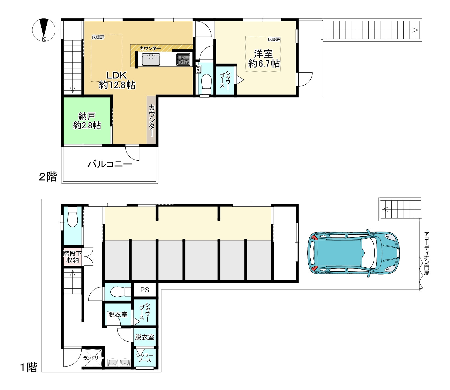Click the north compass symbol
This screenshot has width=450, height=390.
point(44,30)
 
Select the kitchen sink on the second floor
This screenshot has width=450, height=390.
point(151,60)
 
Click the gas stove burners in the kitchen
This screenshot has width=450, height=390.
point(183,60)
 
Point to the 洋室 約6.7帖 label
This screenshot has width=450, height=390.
point(264,59)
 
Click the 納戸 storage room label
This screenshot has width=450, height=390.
point(87,120)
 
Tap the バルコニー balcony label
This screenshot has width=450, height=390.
point(110,164)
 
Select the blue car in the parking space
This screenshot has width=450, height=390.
point(354,254)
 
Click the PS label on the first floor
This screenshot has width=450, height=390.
point(145,290)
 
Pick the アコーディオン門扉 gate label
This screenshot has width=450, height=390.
point(427,253)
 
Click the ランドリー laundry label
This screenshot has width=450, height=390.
point(93,358)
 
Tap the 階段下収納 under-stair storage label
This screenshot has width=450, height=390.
point(73,257)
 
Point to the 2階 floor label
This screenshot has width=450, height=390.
point(48,177)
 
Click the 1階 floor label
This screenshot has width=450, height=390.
point(28,367)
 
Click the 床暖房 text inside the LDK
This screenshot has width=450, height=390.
point(98,37)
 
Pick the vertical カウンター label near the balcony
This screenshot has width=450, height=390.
point(152,120)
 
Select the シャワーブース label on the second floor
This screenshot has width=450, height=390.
point(225,79)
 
